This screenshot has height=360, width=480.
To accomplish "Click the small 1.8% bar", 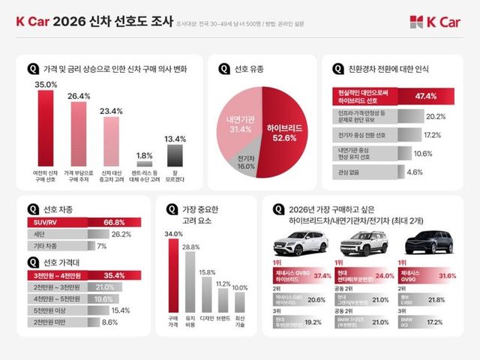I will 144,163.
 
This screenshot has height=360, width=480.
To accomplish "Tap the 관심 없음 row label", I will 346,172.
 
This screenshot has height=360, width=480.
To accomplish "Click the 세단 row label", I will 42,234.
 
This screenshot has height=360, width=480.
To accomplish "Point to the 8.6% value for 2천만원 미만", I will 109,322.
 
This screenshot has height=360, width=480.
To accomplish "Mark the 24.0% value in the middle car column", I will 384,276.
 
